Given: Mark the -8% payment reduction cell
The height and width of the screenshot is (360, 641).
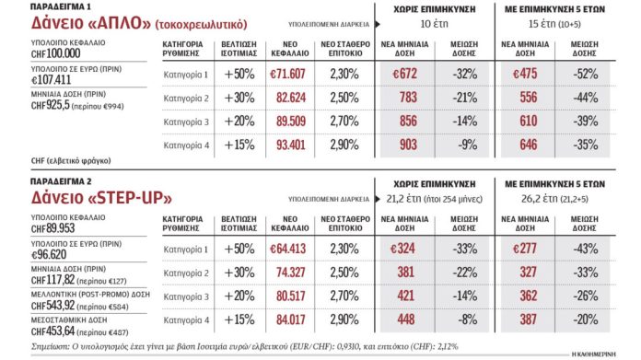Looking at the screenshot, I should pos(471,319).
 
